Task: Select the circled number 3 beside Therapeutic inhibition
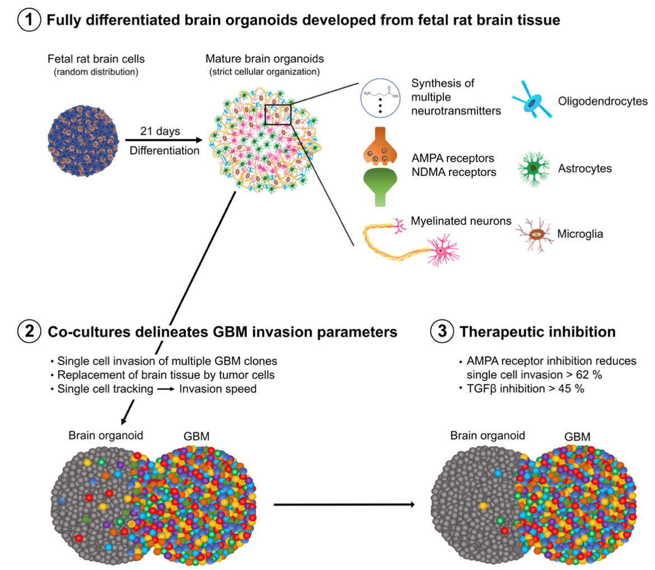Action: [x=441, y=331]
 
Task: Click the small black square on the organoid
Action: [x=278, y=114]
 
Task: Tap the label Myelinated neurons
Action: [x=461, y=221]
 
